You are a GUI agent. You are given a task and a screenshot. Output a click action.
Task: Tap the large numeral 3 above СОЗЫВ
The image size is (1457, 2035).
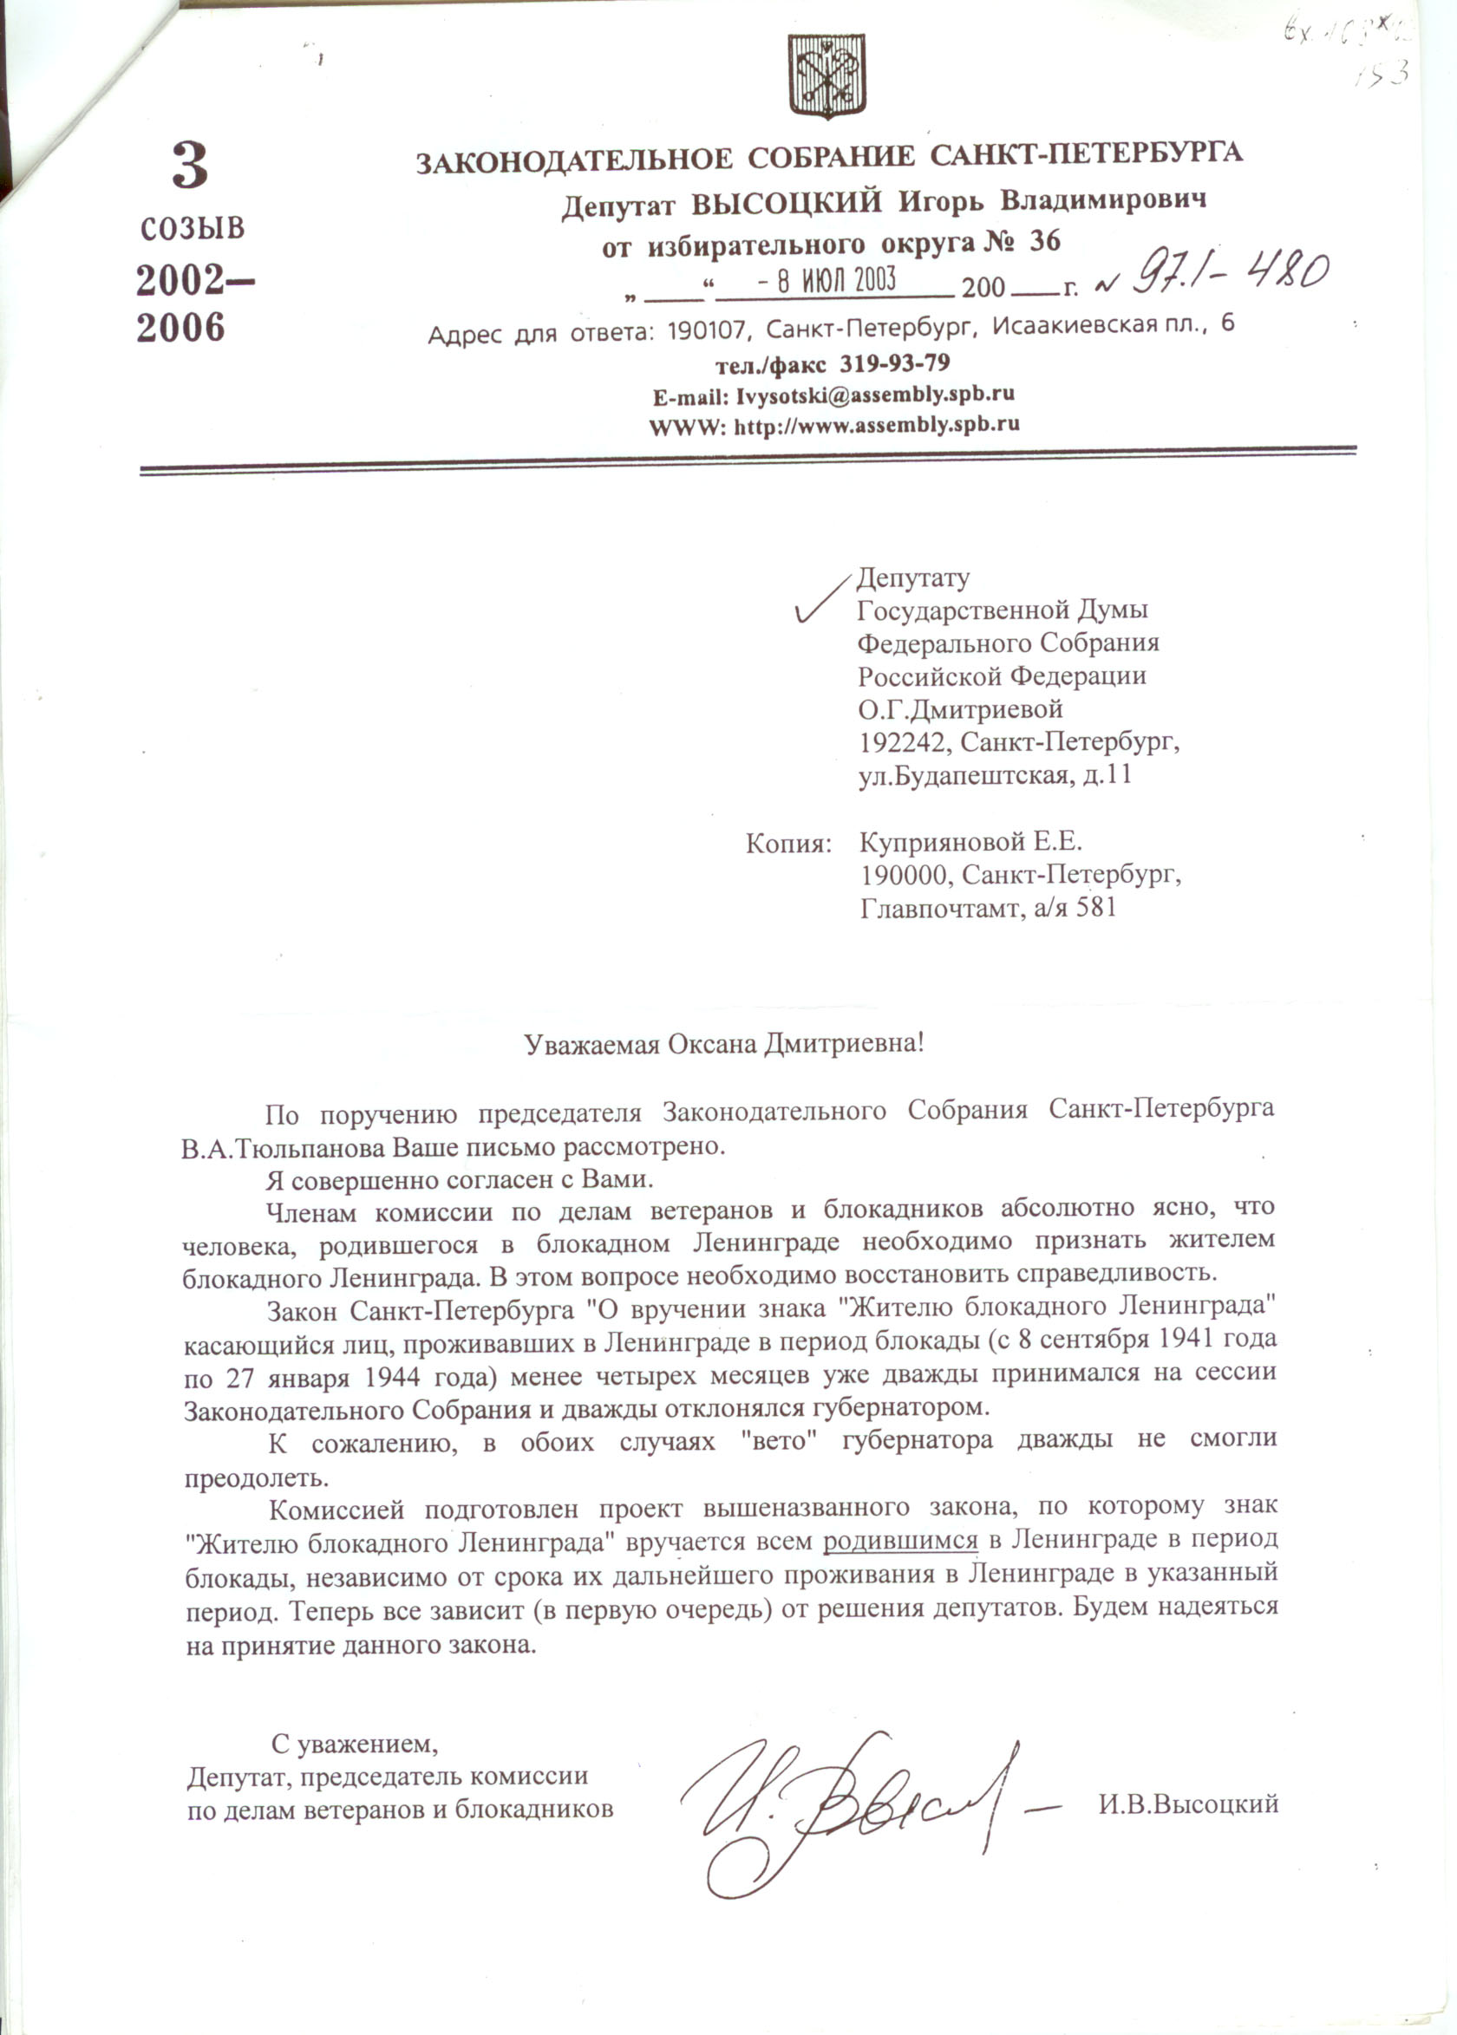point(189,166)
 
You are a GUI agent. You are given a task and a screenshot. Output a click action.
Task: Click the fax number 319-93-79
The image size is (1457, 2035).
point(893,363)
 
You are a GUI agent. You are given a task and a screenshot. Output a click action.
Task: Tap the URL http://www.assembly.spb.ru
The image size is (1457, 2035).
point(877,425)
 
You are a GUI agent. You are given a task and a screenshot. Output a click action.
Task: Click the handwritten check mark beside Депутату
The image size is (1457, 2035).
point(821,598)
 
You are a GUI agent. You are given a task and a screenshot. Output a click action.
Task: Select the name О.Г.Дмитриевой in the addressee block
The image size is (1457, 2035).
point(960,709)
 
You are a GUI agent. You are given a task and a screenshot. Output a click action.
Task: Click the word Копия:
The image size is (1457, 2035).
point(787,844)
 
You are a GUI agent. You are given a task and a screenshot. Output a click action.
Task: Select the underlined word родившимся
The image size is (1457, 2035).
point(900,1541)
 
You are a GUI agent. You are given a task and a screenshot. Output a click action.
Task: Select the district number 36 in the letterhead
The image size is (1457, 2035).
point(1044,241)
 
